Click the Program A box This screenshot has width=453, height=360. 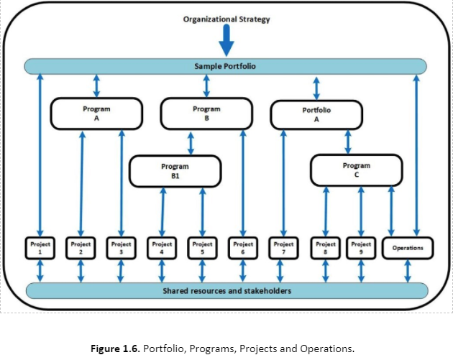click(96, 114)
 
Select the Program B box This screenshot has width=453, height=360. click(206, 114)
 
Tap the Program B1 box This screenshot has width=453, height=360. click(175, 170)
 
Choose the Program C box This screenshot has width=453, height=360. click(357, 170)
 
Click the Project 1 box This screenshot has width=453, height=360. click(40, 248)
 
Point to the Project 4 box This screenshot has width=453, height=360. click(162, 248)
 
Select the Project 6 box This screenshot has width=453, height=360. click(242, 248)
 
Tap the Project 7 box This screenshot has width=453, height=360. click(283, 248)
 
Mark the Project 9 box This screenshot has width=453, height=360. click(361, 248)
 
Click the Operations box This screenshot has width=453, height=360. click(408, 248)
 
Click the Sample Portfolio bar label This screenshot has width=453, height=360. click(225, 66)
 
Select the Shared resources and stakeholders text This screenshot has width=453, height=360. click(225, 291)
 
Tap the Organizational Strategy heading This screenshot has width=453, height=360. click(226, 19)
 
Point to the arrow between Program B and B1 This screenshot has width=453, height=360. click(191, 142)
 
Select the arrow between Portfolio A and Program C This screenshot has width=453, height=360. click(348, 142)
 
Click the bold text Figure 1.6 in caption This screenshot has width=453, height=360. click(116, 349)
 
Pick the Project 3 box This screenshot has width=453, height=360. click(121, 248)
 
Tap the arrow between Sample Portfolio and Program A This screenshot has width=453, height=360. click(96, 86)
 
